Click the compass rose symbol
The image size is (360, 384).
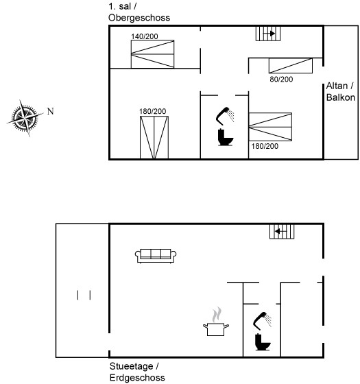point(25,118)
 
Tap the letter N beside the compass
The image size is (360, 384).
point(51,111)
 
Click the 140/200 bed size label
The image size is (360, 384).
point(145,36)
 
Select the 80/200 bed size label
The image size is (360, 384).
point(281,79)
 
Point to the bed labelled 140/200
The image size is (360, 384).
point(152,54)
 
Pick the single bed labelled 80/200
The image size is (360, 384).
point(291,66)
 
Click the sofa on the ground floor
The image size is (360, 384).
point(156,256)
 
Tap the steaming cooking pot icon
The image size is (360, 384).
point(216,322)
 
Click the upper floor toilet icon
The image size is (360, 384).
point(225,137)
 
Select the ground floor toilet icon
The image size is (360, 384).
point(263,342)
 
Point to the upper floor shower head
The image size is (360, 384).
point(225,116)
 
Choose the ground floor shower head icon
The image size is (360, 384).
point(262,321)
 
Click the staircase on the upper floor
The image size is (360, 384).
point(268,34)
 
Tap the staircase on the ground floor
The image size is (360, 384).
point(282,232)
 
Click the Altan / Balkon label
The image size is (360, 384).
point(341,92)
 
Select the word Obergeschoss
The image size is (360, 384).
point(139,18)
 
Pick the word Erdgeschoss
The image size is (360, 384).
point(137,378)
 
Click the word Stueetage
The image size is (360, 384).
point(131,366)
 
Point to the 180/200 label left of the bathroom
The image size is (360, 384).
point(152,111)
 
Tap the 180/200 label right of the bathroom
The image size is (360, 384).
point(265,146)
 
